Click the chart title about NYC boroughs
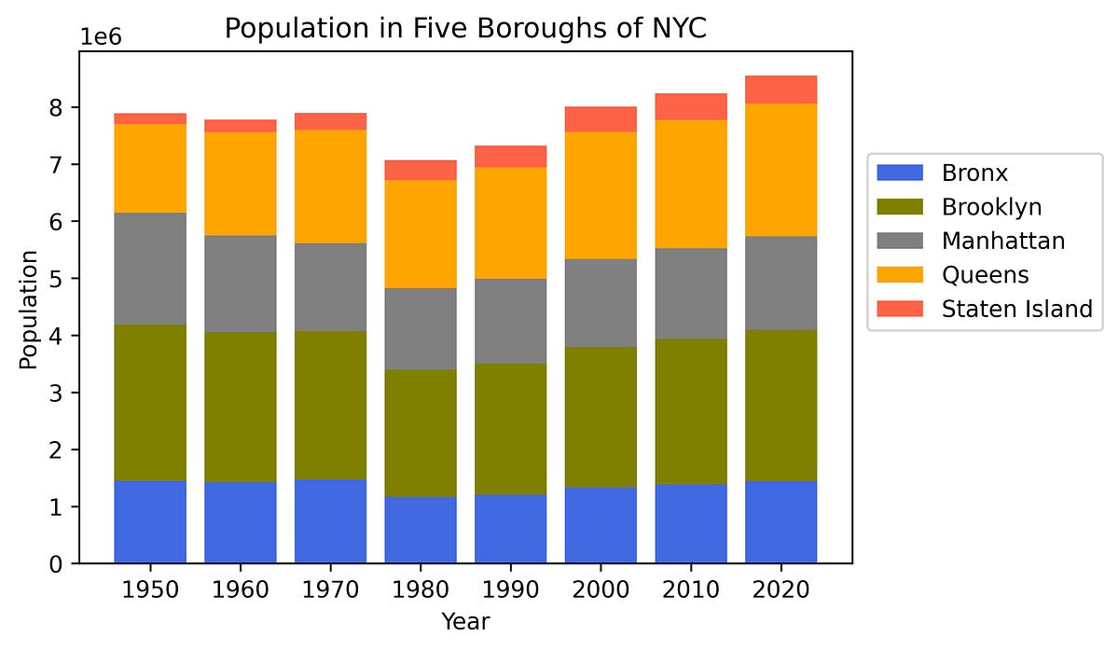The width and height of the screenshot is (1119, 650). pyautogui.click(x=465, y=29)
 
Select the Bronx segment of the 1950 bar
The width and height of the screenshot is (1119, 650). pyautogui.click(x=150, y=521)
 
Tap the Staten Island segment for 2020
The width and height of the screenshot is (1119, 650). pyautogui.click(x=781, y=90)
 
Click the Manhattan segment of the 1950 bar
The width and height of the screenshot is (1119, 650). pyautogui.click(x=150, y=269)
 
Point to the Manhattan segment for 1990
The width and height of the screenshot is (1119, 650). pyautogui.click(x=510, y=321)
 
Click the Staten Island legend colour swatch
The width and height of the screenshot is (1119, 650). pyautogui.click(x=898, y=309)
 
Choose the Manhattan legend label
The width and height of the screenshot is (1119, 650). pyautogui.click(x=1002, y=241)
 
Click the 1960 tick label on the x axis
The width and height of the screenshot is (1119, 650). pyautogui.click(x=240, y=590)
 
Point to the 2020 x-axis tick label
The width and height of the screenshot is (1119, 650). pyautogui.click(x=781, y=590)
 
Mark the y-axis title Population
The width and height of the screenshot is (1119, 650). pyautogui.click(x=29, y=309)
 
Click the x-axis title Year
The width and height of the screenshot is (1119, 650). pyautogui.click(x=465, y=621)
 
